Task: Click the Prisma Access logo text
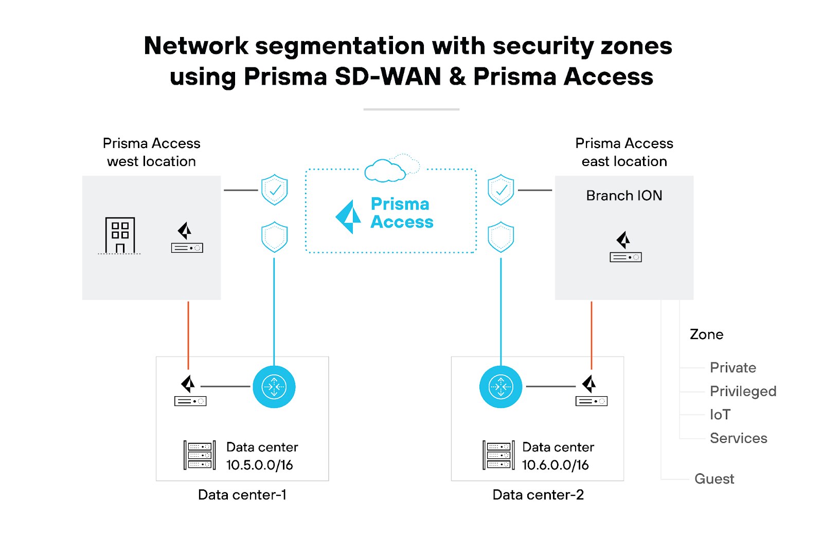401,213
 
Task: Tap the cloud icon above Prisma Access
386,171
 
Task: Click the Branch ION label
624,196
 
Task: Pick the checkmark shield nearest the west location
275,190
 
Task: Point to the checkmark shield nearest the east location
500,190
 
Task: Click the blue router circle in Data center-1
274,386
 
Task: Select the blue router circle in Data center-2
500,386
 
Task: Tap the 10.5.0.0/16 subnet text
259,465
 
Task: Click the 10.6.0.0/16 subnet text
555,465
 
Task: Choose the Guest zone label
714,479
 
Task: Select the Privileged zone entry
743,392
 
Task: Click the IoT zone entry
720,415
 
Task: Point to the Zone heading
706,334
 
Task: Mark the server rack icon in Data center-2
498,455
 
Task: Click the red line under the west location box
188,334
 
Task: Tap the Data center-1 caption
242,495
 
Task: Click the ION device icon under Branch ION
625,248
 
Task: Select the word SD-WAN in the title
388,77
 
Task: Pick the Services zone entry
738,438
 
